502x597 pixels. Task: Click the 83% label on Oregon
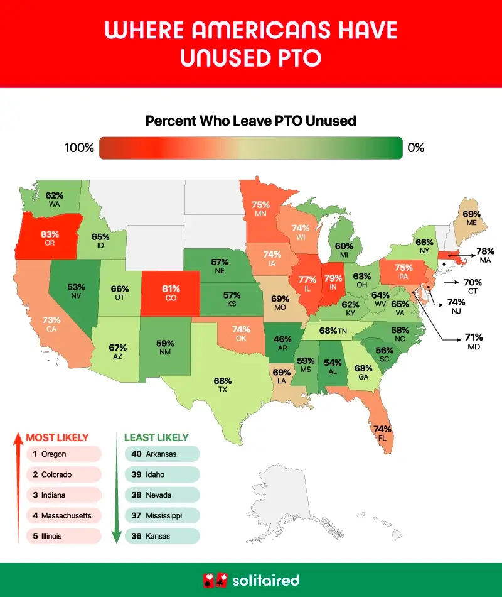pos(50,234)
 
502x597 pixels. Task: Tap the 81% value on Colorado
pos(171,289)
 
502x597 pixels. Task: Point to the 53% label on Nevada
pos(76,287)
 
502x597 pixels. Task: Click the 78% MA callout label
pos(485,251)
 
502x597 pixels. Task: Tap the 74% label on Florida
pos(382,429)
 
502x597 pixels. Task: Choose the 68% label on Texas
pos(223,381)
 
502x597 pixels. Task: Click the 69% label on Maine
pos(471,214)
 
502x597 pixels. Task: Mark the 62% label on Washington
pos(54,195)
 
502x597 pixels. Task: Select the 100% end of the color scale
pos(79,148)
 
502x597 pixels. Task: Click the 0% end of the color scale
pos(416,148)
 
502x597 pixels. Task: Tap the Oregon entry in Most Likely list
pos(54,454)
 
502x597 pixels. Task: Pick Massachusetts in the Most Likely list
pos(66,515)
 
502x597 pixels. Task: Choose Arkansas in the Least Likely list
pos(161,454)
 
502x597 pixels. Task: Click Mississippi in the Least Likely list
pos(164,515)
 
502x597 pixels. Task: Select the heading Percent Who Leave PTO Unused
pos(251,121)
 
